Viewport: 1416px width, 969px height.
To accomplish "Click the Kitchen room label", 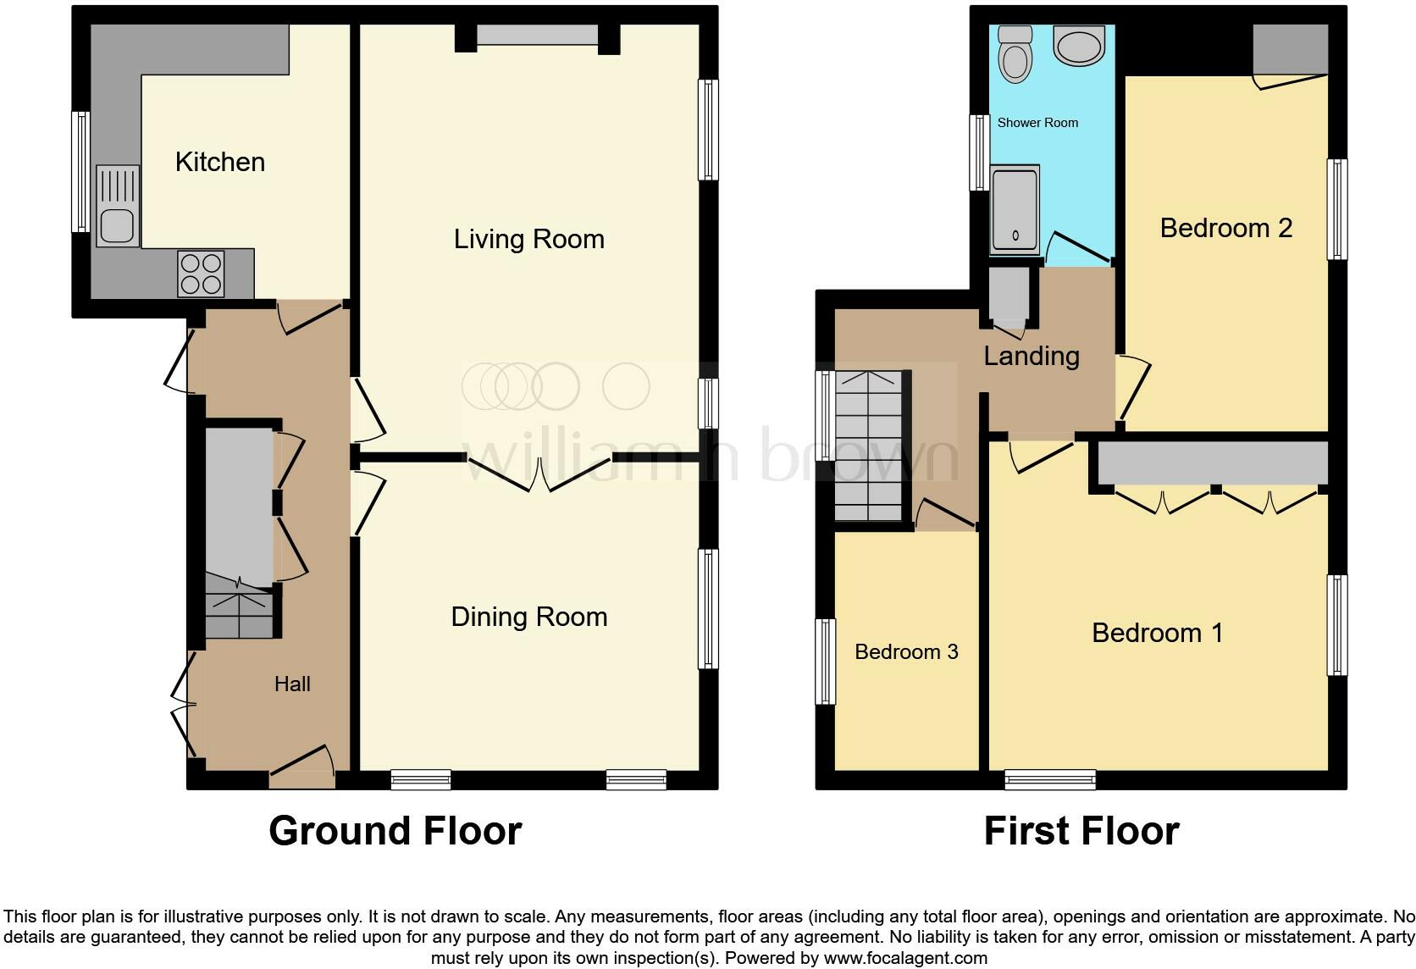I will [220, 162].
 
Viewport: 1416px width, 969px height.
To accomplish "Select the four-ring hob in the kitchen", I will [201, 274].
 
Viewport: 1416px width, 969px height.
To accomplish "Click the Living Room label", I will [529, 239].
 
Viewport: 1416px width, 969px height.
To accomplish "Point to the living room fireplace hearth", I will [538, 35].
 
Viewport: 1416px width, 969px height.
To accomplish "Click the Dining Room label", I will [529, 617].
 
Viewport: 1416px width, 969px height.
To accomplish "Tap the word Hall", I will [292, 684].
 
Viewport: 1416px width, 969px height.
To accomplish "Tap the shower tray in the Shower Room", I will [1015, 210].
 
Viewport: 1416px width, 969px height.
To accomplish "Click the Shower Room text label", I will [1037, 123].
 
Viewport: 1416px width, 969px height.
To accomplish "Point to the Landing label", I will [1032, 356].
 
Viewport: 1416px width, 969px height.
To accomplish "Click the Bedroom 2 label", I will [1225, 228].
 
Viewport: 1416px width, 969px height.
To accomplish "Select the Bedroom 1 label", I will [1157, 633].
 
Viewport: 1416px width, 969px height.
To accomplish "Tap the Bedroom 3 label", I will [906, 651].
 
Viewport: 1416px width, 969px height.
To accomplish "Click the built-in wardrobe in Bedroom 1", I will [1213, 463].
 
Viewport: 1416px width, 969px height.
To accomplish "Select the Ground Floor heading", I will [395, 831].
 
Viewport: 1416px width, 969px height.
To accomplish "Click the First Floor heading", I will [1081, 831].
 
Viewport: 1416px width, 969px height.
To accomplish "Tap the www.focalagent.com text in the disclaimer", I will [905, 958].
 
